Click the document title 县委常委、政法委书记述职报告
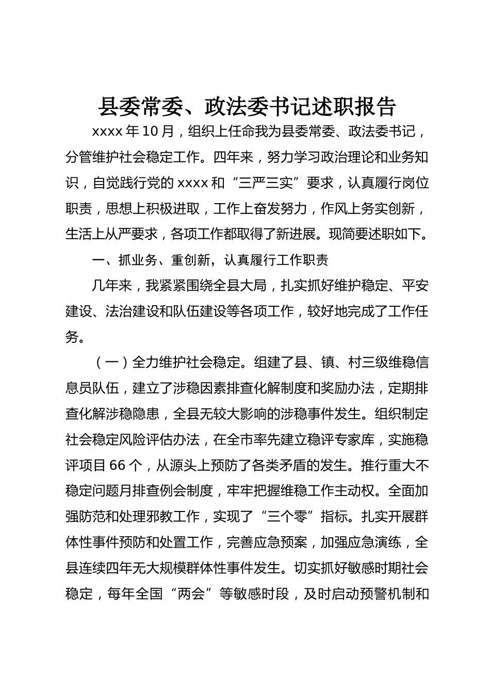coord(247,107)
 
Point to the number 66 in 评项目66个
coord(118,465)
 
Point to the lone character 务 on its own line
coord(72,337)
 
